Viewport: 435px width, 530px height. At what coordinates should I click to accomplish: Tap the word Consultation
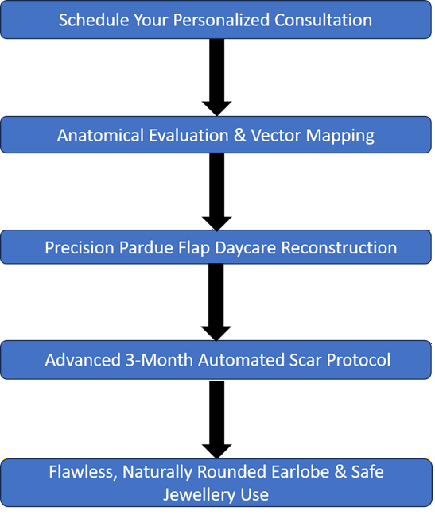[323, 20]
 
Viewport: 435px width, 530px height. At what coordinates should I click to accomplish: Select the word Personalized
[222, 21]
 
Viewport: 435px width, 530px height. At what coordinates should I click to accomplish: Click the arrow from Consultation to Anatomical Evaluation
[217, 77]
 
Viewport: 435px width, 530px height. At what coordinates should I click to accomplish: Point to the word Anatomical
[100, 136]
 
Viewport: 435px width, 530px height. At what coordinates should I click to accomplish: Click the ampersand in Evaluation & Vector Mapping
[240, 136]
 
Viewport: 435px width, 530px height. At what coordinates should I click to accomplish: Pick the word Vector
[276, 136]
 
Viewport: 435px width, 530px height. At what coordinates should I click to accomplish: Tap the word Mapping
[340, 136]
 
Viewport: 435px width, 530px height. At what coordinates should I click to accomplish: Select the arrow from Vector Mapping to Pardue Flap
[217, 192]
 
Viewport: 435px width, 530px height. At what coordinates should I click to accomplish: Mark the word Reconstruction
[339, 248]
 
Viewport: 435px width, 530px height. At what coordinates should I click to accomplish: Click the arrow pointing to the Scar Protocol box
[216, 303]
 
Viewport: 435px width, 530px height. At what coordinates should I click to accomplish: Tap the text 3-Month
[159, 360]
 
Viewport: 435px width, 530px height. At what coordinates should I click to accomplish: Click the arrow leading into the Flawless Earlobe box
[217, 420]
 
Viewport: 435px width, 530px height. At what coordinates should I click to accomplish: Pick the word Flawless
[84, 472]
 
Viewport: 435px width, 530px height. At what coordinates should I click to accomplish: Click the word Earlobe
[300, 472]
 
